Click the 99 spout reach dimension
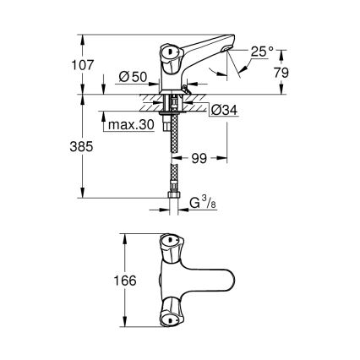click(200, 157)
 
